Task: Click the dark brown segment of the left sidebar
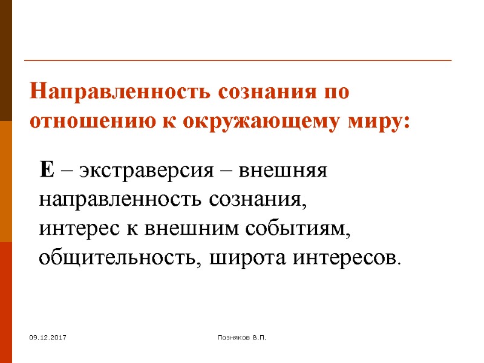click(x=6, y=60)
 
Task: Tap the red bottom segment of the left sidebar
click(x=6, y=302)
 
